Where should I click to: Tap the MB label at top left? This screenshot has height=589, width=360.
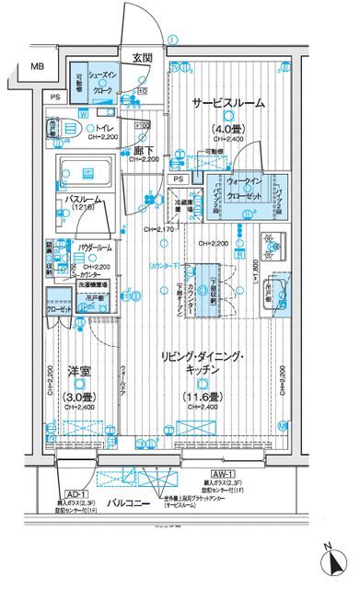(35, 67)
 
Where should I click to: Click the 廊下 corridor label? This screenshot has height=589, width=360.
(143, 149)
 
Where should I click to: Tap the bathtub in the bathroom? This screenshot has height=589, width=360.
(85, 171)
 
